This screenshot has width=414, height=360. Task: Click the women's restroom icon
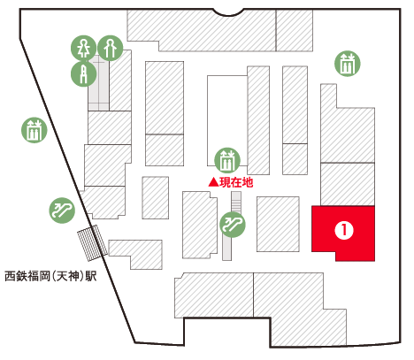[84, 49]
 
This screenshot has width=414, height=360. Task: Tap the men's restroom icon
[111, 48]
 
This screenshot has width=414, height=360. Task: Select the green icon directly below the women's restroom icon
[84, 73]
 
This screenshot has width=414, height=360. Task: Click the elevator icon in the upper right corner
[348, 64]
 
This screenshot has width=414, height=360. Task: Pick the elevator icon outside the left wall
[34, 130]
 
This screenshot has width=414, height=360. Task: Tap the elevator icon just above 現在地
[227, 161]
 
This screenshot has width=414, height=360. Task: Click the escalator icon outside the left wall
[62, 211]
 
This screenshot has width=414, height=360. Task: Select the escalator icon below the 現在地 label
[233, 225]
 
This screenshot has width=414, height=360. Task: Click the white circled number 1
[344, 230]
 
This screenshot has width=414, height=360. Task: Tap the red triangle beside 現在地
[213, 182]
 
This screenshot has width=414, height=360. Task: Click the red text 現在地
[236, 182]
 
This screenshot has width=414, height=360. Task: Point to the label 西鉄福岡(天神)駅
[50, 277]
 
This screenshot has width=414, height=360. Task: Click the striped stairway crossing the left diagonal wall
[92, 243]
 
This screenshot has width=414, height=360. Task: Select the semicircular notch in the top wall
[228, 12]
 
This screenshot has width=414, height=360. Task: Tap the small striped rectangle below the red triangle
[236, 202]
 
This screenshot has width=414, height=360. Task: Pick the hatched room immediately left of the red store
[278, 225]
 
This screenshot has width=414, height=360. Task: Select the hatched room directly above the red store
[348, 184]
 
